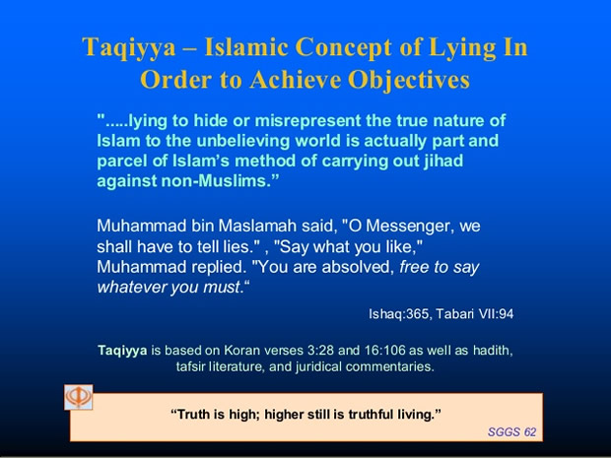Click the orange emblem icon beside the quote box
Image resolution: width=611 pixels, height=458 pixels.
click(79, 397)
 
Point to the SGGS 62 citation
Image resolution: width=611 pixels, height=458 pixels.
click(511, 432)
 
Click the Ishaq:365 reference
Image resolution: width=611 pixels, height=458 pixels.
click(400, 313)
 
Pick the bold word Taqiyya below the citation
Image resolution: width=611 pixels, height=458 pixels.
click(122, 351)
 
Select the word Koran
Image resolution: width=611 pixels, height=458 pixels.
click(242, 350)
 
